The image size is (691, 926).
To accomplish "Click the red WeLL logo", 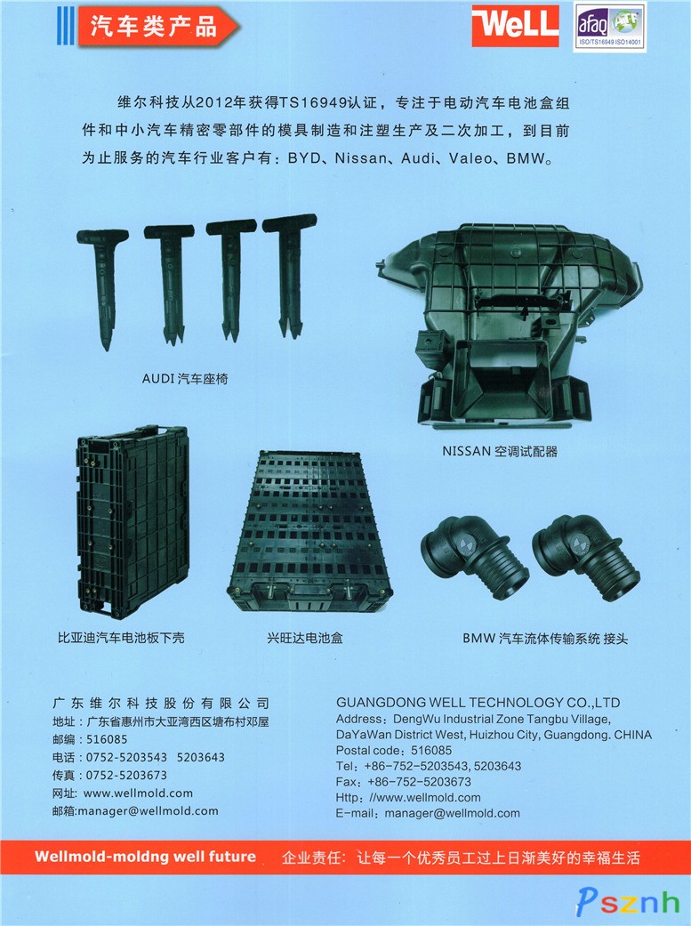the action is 515,26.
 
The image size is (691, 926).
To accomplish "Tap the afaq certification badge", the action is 609,28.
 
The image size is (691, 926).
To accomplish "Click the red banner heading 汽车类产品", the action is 157,26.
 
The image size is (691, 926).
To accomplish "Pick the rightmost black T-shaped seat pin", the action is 290,275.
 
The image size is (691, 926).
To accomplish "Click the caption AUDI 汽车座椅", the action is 185,379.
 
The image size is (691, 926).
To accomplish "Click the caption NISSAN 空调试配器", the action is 500,452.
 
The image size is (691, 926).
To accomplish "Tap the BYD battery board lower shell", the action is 133,521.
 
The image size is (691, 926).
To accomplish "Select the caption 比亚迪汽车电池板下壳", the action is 121,638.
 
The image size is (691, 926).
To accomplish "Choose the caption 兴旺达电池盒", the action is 305,638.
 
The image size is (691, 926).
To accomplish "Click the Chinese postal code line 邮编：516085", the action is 90,739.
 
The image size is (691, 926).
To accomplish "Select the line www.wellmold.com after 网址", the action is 138,793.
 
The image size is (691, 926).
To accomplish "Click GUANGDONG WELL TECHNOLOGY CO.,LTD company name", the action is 478,703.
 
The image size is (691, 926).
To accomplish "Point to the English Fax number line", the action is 404,782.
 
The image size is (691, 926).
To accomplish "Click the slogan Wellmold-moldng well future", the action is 145,857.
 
